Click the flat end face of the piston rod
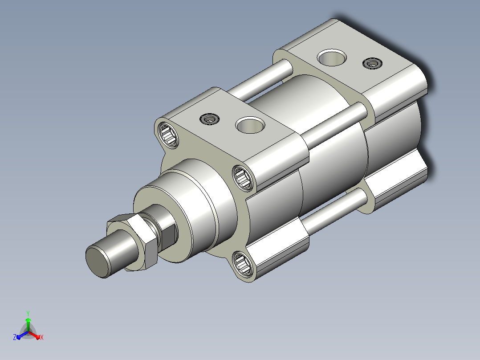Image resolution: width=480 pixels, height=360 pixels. pos(98,262)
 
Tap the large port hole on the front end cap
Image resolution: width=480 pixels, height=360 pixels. pos(250,125)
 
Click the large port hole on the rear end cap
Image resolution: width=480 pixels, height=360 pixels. pos(332,57)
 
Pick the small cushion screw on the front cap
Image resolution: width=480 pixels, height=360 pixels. pos(210,119)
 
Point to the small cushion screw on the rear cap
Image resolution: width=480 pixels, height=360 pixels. pos(372,63)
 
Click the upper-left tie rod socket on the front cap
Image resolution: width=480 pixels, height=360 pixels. pos(168,135)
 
